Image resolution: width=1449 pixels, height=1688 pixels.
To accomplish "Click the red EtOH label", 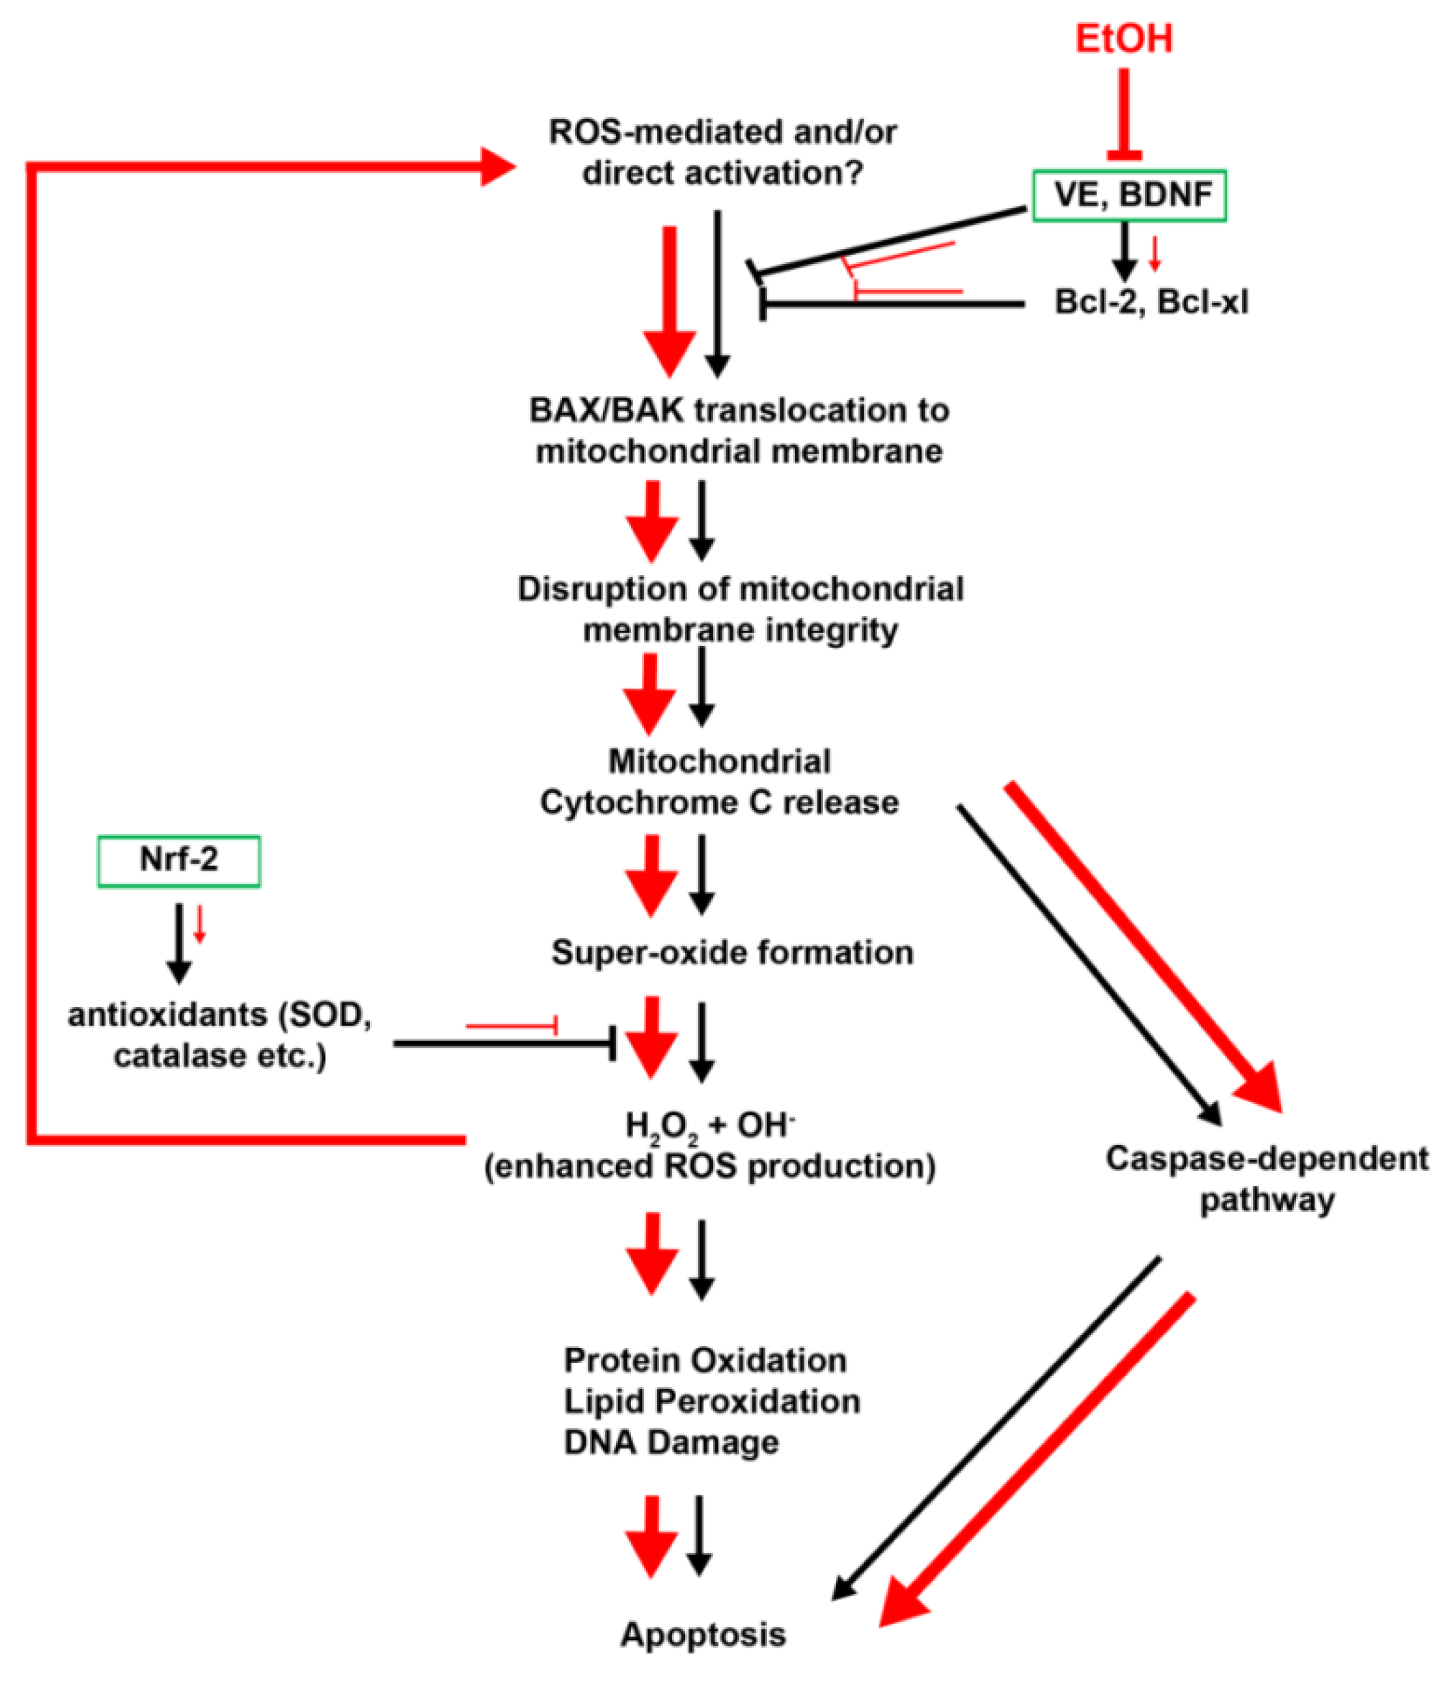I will point(1123,39).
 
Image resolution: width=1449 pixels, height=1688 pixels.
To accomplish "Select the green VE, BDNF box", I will point(1129,195).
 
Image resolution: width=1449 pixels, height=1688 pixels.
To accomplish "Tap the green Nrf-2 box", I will point(178,860).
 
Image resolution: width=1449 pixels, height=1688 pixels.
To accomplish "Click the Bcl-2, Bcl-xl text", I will point(1150,303).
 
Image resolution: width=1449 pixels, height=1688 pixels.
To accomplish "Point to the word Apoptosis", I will point(703,1634).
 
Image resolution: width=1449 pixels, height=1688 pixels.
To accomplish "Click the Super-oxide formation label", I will point(731,951).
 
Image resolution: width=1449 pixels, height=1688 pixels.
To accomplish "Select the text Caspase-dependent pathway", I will point(1266,1178).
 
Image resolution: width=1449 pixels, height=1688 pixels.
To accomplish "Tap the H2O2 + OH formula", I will point(708,1125).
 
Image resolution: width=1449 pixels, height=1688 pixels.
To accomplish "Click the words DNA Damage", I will point(671,1442).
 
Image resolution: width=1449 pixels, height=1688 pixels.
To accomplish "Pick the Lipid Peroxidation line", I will point(711,1401).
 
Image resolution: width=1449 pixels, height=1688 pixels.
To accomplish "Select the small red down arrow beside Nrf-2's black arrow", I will point(199,925).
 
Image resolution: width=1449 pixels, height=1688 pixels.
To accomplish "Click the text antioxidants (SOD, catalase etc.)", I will point(220,1035).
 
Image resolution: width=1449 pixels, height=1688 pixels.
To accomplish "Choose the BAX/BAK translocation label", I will point(738,430).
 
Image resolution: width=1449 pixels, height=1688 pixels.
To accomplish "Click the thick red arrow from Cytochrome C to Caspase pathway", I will point(1140,945).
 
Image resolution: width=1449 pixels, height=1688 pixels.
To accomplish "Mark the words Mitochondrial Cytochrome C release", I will point(718,782).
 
